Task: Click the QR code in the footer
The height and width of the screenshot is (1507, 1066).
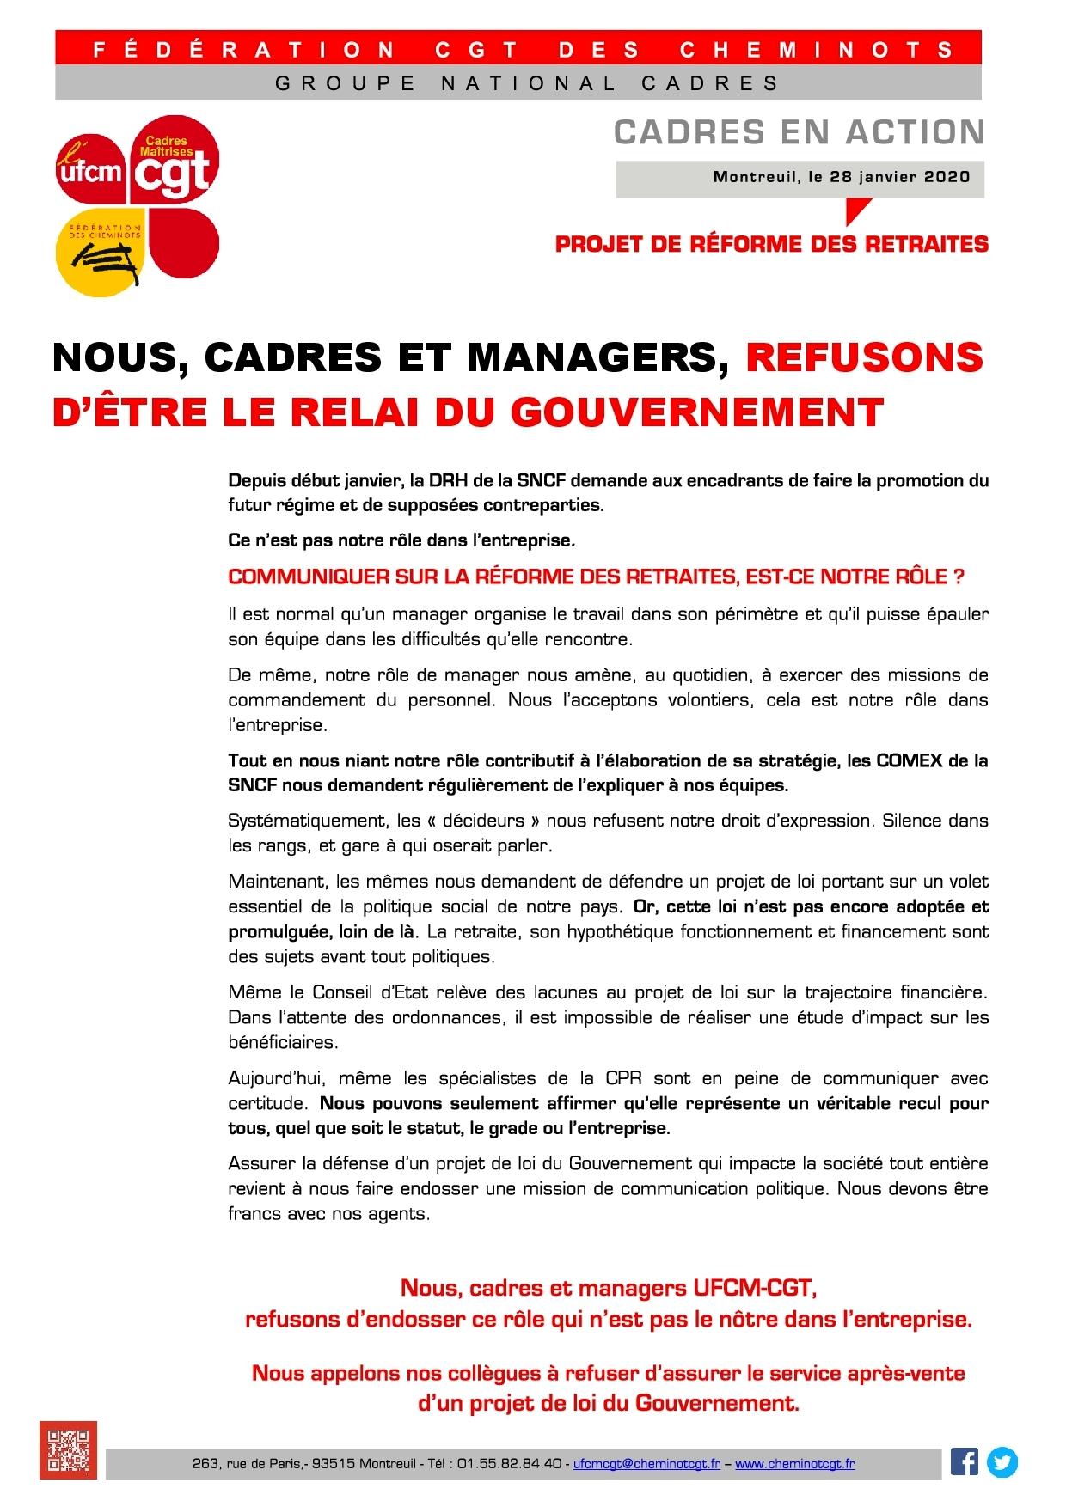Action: point(68,1449)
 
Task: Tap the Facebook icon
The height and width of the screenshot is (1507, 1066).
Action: point(964,1461)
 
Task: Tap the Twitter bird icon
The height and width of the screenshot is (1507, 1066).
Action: point(1002,1461)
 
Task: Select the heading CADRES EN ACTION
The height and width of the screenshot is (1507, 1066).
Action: point(799,131)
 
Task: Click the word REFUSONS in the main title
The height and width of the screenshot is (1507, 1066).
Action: point(864,357)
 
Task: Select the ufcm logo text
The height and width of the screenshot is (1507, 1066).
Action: point(89,172)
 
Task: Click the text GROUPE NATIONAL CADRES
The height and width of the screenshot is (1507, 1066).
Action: point(527,83)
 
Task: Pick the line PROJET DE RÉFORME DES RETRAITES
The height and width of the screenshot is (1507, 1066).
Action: point(771,244)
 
